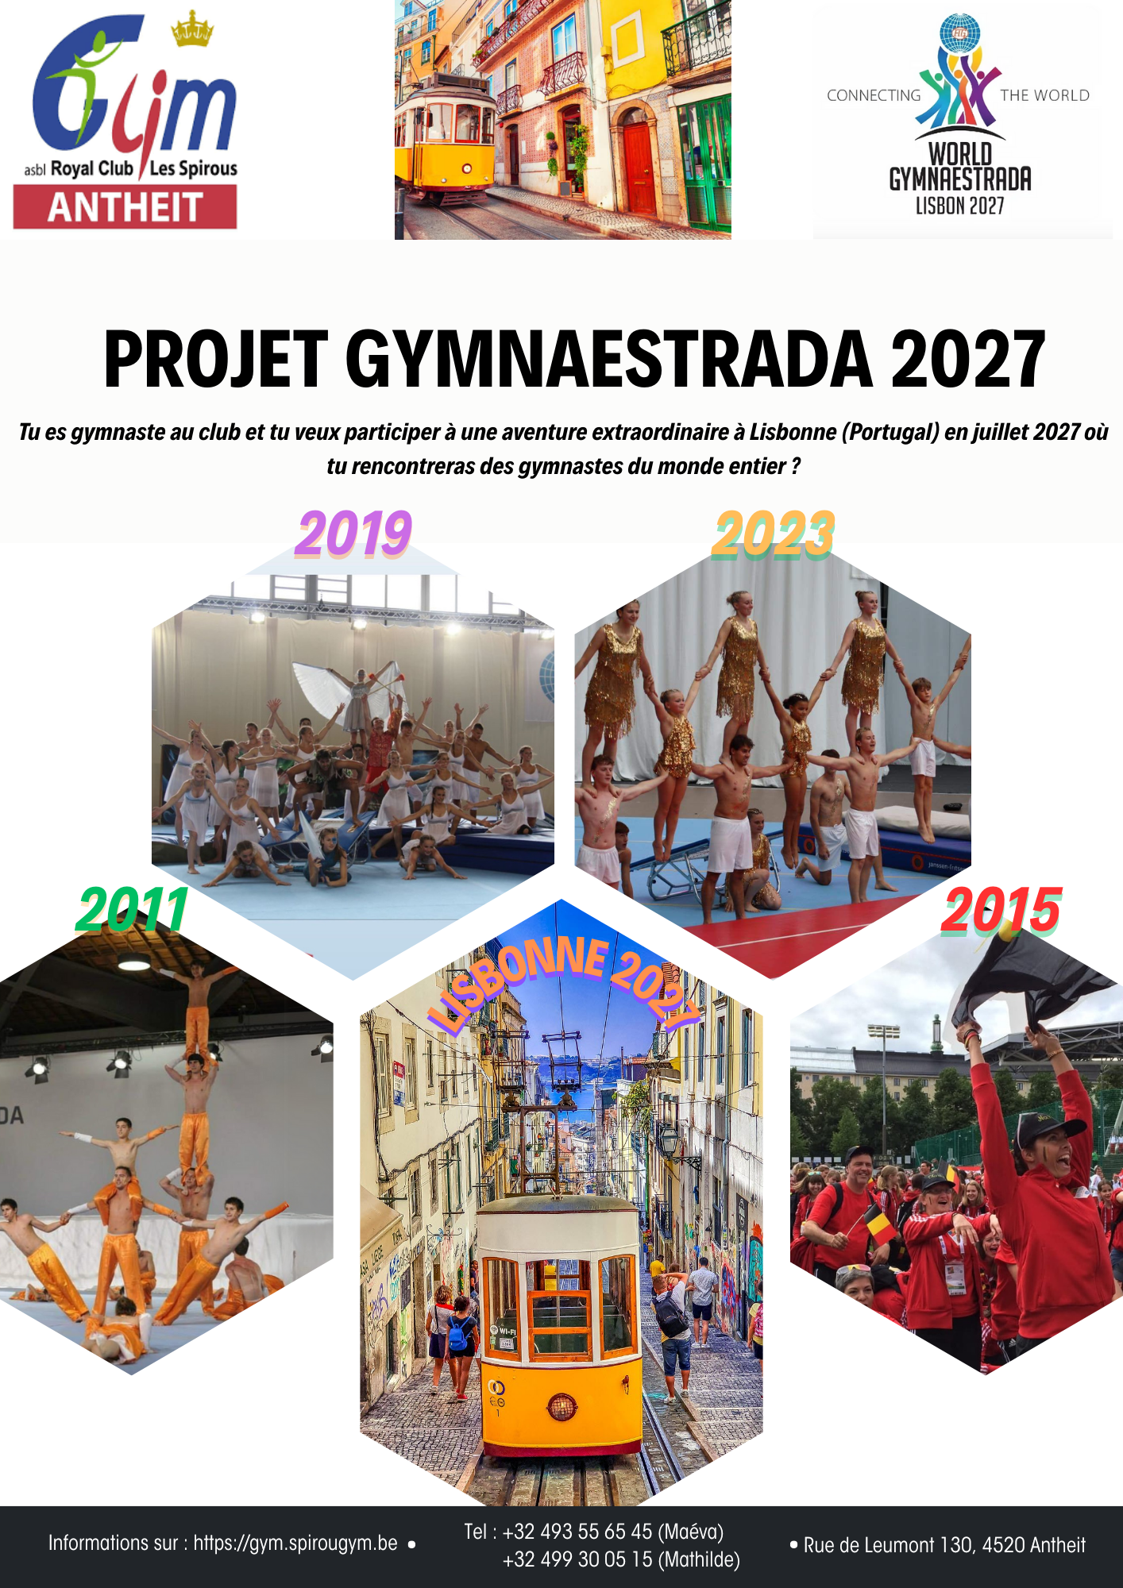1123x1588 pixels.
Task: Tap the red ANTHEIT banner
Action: pyautogui.click(x=125, y=207)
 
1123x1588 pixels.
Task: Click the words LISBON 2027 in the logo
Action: pyautogui.click(x=959, y=206)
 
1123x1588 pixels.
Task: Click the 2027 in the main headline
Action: pyautogui.click(x=967, y=360)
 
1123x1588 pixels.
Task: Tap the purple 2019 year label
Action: pyautogui.click(x=353, y=534)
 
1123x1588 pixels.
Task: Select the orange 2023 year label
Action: pyautogui.click(x=773, y=534)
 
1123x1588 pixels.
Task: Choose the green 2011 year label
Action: pyautogui.click(x=132, y=910)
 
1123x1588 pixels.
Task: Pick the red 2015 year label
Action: pyautogui.click(x=1001, y=910)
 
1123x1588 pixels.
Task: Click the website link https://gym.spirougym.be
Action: pyautogui.click(x=295, y=1543)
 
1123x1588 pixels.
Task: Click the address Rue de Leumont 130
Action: pyautogui.click(x=889, y=1545)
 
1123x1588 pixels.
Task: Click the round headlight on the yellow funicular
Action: pyautogui.click(x=561, y=1408)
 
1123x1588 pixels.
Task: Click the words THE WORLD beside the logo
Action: pyautogui.click(x=1044, y=95)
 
